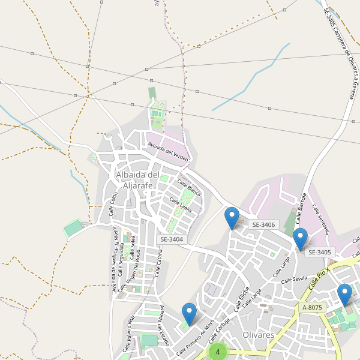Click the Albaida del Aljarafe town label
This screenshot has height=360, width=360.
click(137, 180)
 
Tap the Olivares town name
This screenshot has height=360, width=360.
click(259, 334)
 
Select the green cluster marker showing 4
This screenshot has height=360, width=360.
click(218, 352)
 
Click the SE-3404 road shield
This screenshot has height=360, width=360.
click(172, 239)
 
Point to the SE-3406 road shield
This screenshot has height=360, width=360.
click(263, 224)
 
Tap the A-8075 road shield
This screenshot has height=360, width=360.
click(313, 307)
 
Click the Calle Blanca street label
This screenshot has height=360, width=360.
click(189, 187)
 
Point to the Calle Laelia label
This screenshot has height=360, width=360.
click(181, 205)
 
